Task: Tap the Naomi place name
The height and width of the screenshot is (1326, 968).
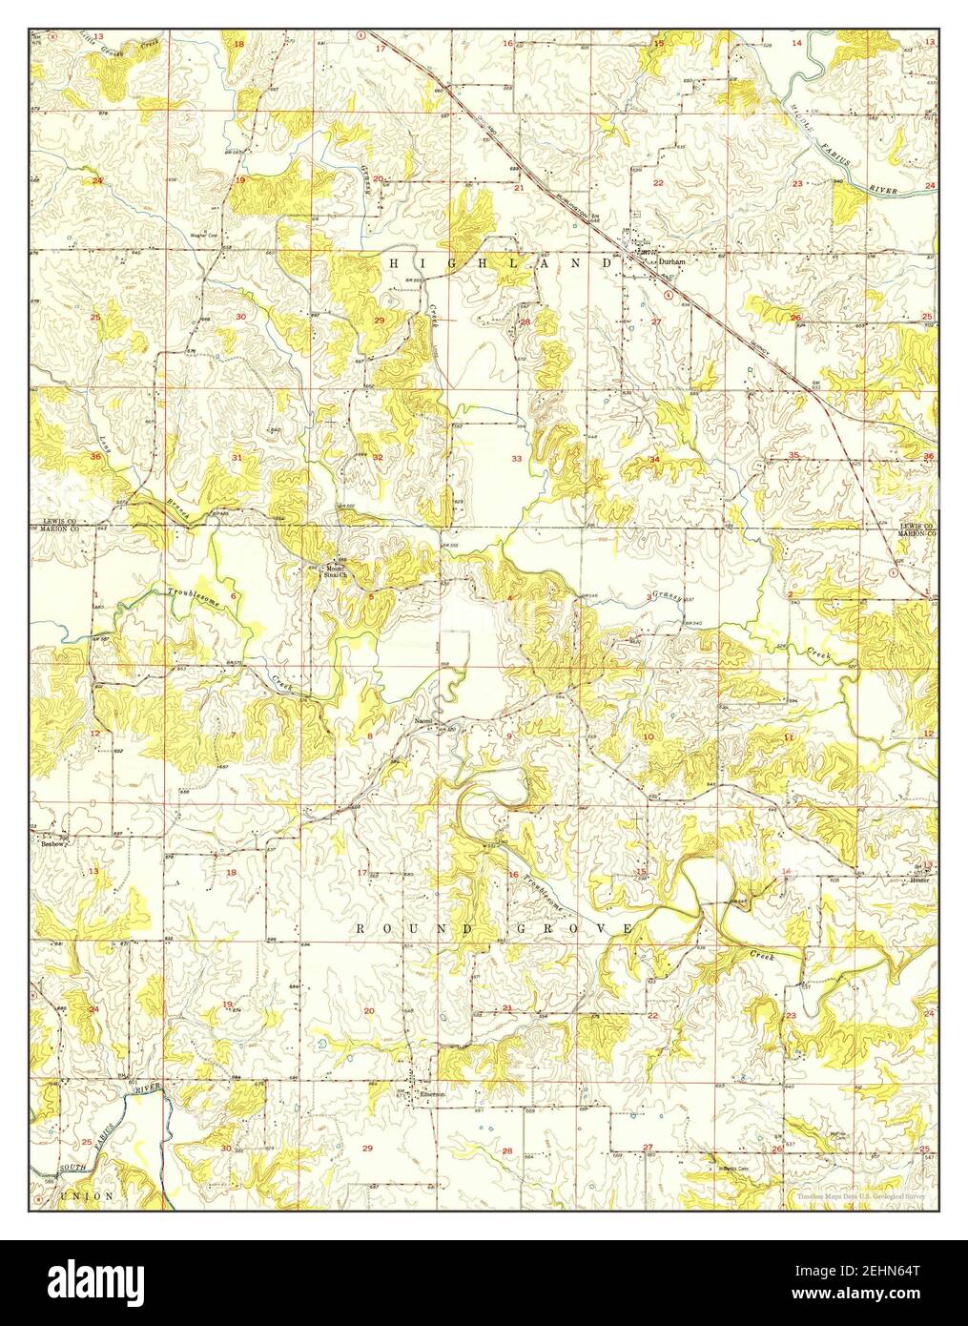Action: click(x=422, y=720)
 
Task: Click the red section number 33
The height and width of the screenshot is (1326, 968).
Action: click(x=517, y=459)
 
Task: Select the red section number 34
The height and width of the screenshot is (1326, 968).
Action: click(x=654, y=460)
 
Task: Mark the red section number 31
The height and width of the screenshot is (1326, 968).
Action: click(x=237, y=459)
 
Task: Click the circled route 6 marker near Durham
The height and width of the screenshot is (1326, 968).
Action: click(x=665, y=295)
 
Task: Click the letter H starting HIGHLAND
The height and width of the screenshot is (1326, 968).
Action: click(x=391, y=260)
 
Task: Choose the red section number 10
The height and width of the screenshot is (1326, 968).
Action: click(x=649, y=736)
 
